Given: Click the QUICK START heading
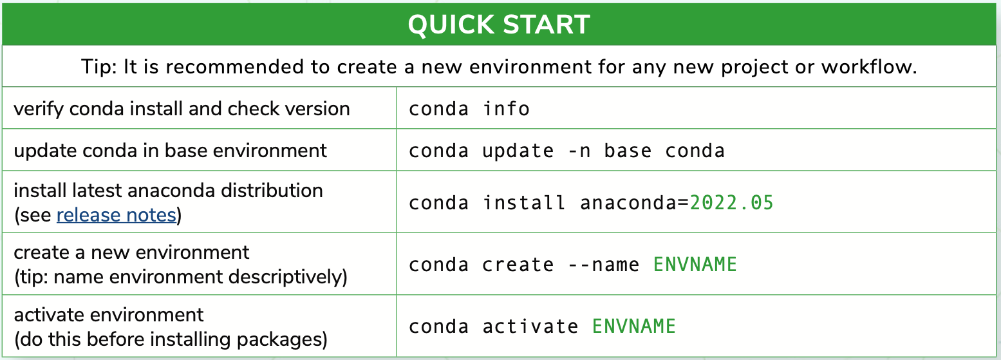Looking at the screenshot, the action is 499,24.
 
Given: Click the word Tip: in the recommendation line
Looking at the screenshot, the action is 98,67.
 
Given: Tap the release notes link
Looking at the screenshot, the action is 116,215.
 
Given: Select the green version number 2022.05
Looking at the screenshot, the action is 731,203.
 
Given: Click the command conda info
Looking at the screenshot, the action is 469,109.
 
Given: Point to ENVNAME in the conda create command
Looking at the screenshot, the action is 695,264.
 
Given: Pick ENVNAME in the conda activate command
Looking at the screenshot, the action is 633,326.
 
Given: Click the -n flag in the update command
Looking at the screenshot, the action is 579,151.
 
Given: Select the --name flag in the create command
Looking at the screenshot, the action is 603,265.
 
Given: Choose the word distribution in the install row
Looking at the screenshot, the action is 272,191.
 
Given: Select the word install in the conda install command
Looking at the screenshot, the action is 524,203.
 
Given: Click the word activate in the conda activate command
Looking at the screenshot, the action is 530,327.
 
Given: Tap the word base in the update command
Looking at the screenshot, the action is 628,151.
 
